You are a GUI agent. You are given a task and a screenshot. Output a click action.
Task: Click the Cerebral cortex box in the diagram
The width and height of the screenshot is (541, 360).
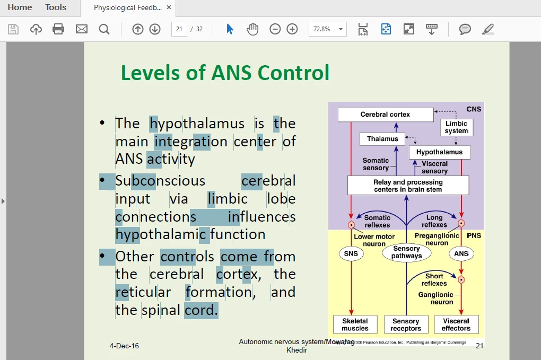[385, 115]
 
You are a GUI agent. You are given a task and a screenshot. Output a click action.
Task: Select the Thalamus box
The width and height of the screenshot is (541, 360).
[382, 139]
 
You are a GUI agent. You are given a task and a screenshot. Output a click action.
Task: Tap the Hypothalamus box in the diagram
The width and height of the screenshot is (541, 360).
[439, 152]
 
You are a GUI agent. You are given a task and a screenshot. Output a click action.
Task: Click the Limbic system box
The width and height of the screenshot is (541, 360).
[456, 127]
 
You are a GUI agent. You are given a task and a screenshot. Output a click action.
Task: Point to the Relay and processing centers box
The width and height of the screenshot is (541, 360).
[408, 186]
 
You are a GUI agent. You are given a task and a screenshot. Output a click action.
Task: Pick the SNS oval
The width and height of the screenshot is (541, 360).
[351, 253]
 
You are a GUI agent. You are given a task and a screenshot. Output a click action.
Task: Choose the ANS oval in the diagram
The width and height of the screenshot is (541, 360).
[461, 253]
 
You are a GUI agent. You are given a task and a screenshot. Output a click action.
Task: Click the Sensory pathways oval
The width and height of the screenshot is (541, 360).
[406, 252]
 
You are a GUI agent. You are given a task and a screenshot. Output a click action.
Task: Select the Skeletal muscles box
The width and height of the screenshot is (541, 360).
[355, 324]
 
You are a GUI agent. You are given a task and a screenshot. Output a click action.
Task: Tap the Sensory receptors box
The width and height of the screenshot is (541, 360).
[406, 324]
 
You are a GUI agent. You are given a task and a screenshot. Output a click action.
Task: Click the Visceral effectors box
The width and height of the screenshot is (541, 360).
[456, 324]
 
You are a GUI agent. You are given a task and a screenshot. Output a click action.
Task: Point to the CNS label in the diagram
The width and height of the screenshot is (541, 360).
[474, 109]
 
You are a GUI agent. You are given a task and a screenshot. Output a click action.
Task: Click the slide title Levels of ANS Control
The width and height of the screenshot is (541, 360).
[225, 73]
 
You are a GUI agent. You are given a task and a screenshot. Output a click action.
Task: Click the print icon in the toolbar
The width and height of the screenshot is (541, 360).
[58, 29]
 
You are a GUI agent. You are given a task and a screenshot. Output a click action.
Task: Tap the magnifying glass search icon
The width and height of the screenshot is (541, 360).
[104, 29]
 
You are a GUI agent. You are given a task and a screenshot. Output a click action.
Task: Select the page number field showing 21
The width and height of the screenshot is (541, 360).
[179, 29]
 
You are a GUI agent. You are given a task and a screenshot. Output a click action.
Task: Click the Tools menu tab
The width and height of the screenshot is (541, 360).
[56, 7]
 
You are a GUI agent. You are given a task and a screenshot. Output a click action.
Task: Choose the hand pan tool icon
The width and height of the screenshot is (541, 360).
[252, 29]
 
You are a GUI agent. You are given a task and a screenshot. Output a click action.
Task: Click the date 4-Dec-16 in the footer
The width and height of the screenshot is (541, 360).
[124, 346]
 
